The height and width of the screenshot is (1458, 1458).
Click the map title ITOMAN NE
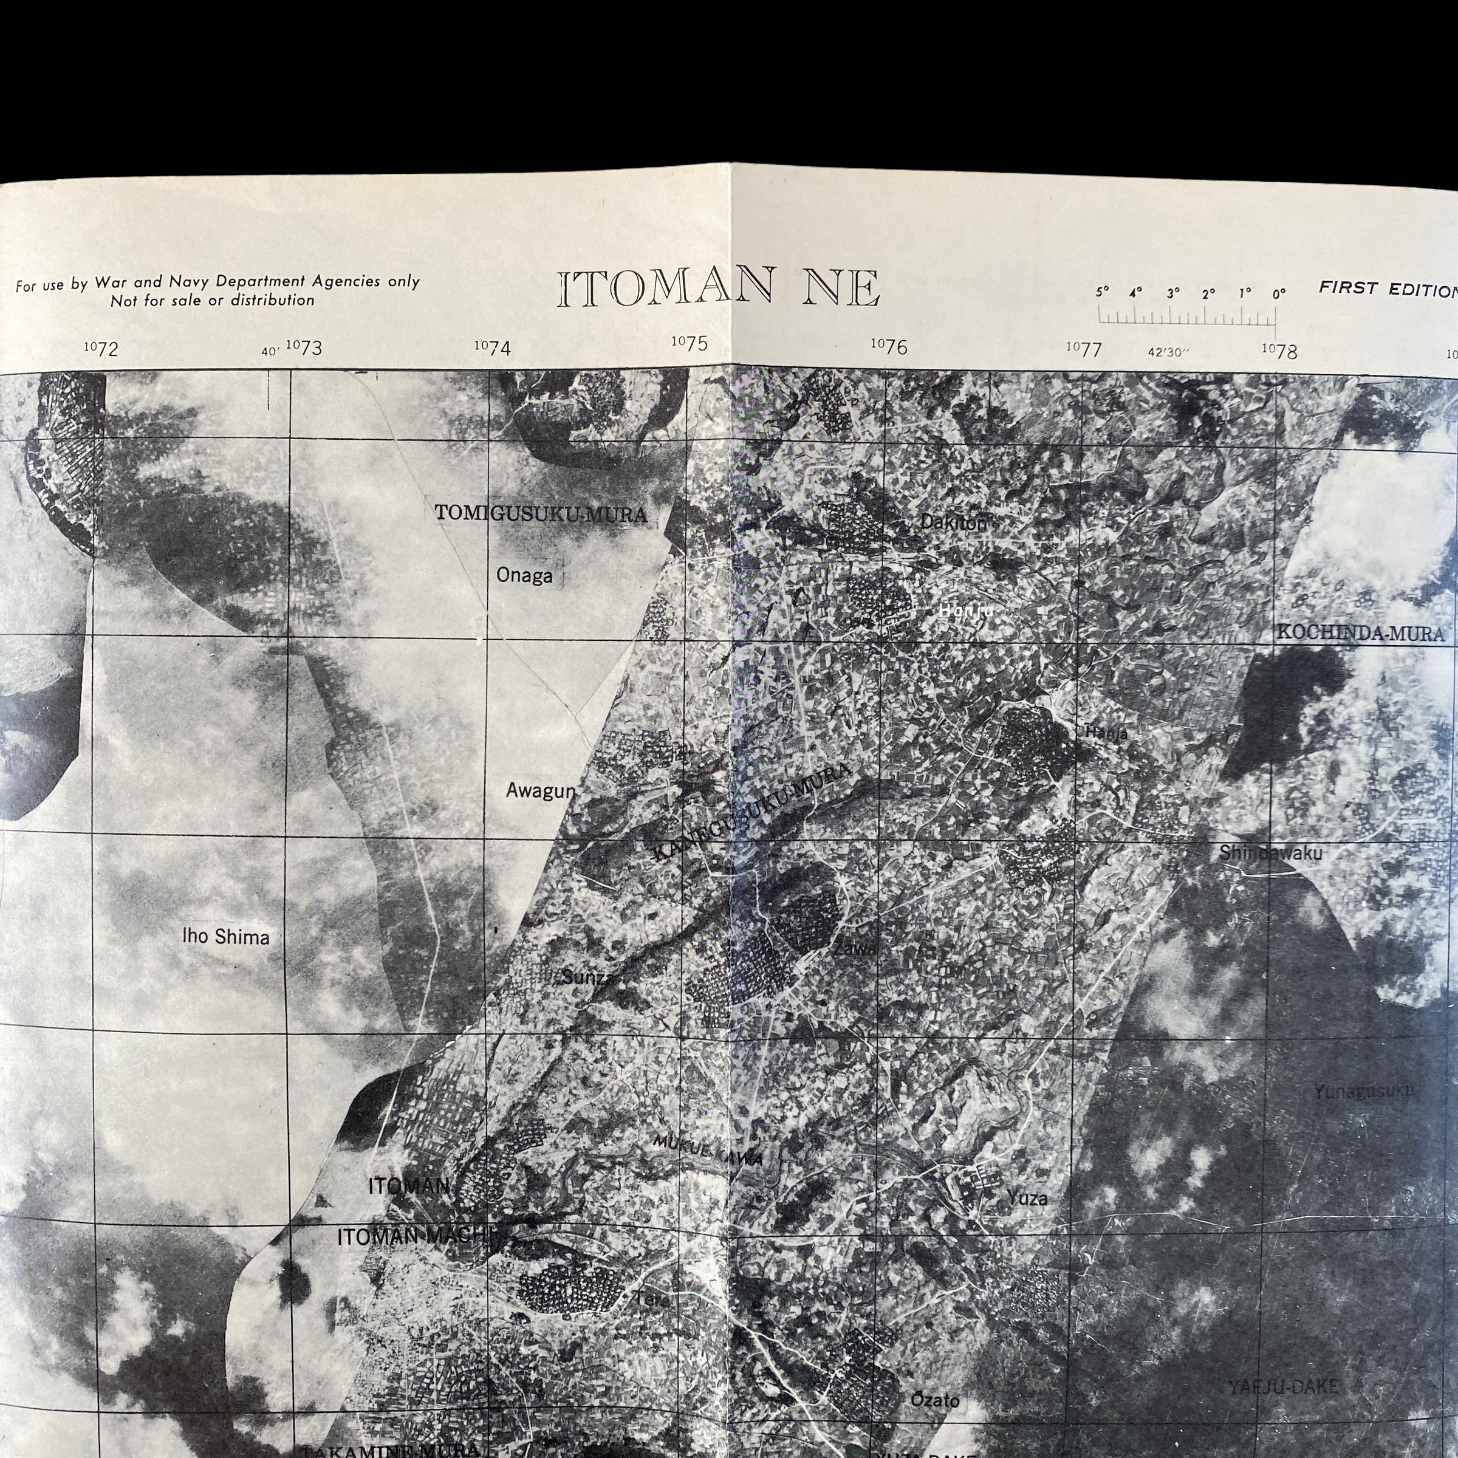719,289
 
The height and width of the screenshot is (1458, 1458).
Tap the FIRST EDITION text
1387,289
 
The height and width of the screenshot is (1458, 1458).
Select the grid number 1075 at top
690,343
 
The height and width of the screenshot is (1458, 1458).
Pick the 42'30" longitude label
1168,352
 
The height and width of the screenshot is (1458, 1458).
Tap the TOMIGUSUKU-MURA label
540,515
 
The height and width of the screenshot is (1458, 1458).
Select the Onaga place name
524,576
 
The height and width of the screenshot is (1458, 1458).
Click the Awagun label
540,791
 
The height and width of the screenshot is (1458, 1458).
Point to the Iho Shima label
225,937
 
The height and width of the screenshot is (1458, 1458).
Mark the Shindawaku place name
1271,853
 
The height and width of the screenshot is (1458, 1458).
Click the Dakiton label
953,522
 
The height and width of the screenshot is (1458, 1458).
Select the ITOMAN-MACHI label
414,1237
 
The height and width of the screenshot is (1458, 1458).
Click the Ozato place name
935,1400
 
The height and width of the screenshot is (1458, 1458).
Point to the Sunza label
587,978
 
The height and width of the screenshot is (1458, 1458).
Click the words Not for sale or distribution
212,300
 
